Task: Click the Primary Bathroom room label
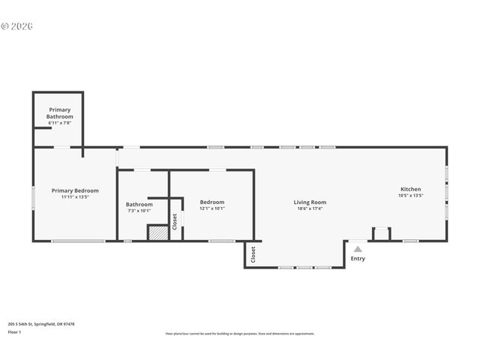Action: point(60,113)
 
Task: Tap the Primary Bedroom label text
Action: point(75,190)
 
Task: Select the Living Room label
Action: point(310,202)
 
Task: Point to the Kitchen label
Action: point(410,189)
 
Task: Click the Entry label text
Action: point(358,259)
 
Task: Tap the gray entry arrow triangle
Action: point(358,249)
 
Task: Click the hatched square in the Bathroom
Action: point(157,233)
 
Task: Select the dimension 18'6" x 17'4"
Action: point(310,208)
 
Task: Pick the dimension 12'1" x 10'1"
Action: point(211,208)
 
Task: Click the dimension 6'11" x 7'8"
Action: point(60,123)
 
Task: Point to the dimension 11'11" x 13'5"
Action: point(75,197)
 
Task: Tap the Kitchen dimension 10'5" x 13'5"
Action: point(410,196)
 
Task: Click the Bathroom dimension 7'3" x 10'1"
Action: point(139,211)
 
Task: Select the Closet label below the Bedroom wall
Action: point(253,253)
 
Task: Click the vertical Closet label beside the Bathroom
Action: point(175,222)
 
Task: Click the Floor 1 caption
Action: point(15,331)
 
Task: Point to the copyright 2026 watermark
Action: point(17,26)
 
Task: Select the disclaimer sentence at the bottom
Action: point(240,334)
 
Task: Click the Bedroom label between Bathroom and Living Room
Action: point(211,202)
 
